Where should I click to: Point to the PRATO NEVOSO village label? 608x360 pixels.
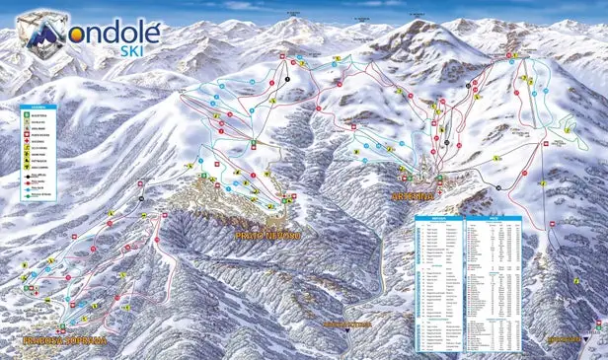point(267,237)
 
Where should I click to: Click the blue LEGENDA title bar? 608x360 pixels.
point(37,106)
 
